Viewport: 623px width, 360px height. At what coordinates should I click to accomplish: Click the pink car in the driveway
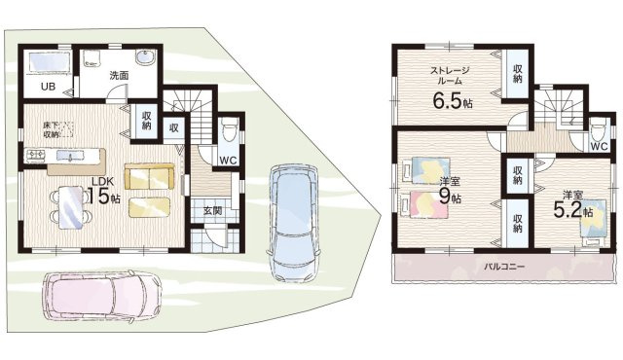click(102, 296)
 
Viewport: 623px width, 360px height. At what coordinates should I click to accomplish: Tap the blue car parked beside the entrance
click(294, 223)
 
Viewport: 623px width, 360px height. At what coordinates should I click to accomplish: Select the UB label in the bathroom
click(48, 87)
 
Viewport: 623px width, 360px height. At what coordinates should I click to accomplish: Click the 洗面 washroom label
click(119, 76)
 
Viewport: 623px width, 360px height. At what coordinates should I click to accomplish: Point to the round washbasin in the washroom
click(145, 57)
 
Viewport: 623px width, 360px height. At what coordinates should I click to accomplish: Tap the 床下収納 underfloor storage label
click(52, 129)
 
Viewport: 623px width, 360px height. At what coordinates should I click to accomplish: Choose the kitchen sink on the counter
click(70, 156)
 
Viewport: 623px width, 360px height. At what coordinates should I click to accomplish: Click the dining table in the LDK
click(71, 208)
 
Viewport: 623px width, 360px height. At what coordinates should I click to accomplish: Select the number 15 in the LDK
click(98, 196)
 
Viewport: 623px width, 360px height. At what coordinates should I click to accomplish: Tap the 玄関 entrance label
click(212, 211)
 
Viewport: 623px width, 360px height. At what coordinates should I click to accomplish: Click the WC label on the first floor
click(229, 161)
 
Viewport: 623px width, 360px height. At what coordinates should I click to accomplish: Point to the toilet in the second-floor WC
click(598, 130)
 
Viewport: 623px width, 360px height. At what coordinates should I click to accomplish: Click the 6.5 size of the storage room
click(448, 101)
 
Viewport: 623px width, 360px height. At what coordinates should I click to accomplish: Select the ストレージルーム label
click(450, 76)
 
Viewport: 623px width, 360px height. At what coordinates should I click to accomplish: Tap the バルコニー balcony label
click(504, 267)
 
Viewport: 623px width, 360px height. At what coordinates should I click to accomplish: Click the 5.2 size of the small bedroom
click(568, 210)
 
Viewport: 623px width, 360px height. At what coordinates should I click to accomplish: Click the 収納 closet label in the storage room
click(517, 73)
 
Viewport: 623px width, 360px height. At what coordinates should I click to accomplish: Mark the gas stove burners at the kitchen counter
click(35, 156)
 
